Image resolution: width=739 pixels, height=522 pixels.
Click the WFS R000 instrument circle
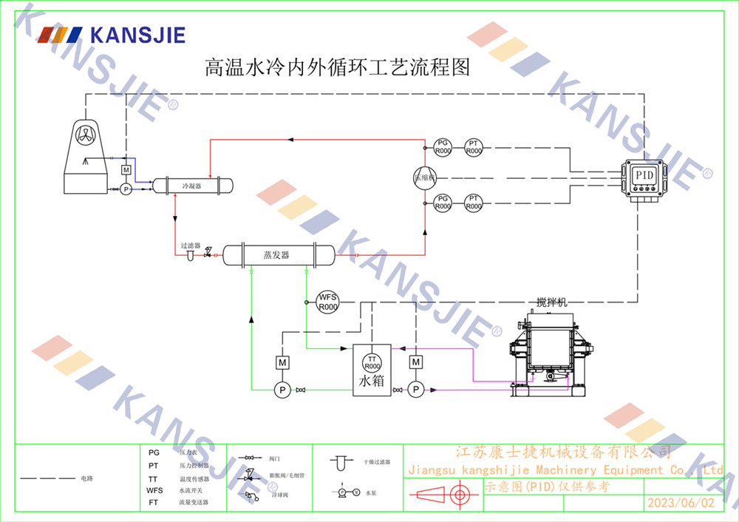[x=327, y=302]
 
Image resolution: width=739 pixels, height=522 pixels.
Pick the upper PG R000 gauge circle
[x=442, y=147]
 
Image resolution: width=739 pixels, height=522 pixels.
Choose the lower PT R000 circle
[x=474, y=203]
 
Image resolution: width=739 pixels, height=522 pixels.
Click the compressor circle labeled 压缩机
[x=425, y=176]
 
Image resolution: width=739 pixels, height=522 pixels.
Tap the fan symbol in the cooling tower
[x=86, y=135]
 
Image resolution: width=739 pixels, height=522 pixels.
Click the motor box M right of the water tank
[x=416, y=362]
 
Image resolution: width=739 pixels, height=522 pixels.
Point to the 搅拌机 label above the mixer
[x=551, y=302]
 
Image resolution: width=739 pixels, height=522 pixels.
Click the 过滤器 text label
[x=191, y=245]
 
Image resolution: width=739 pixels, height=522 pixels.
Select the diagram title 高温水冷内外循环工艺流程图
[x=337, y=69]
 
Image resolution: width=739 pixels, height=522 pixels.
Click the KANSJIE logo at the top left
[x=111, y=34]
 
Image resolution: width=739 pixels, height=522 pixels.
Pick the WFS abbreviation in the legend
[x=154, y=490]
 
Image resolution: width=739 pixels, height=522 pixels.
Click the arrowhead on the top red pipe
[x=290, y=138]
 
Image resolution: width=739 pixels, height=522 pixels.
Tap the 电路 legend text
[x=87, y=478]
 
